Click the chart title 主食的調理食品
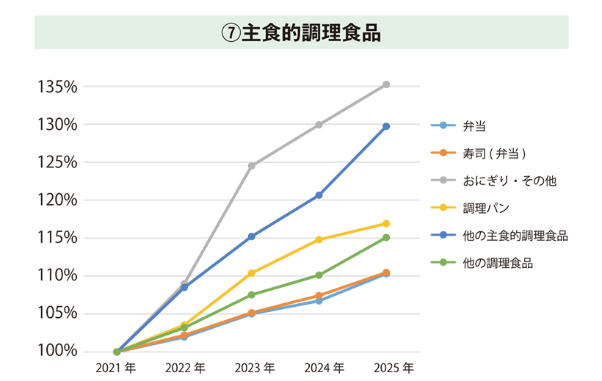point(301,34)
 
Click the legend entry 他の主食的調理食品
point(515,236)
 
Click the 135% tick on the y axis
point(58,87)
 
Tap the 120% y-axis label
point(58,200)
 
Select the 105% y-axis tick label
point(58,313)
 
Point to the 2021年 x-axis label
point(116,367)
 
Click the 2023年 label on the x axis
point(255,367)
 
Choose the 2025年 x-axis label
point(394,367)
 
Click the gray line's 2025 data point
point(386,84)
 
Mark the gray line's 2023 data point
point(252,166)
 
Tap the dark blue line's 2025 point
point(386,126)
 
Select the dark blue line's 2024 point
point(319,195)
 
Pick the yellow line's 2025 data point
point(386,223)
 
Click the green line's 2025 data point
point(386,237)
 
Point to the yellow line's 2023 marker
point(252,273)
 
